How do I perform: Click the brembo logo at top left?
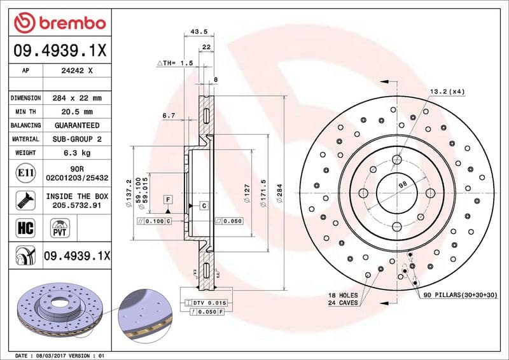[59, 23]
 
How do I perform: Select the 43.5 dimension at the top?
[199, 31]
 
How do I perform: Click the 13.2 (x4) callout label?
[447, 92]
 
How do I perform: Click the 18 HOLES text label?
[344, 296]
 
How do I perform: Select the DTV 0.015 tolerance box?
[209, 303]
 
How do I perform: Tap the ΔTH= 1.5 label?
[174, 64]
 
